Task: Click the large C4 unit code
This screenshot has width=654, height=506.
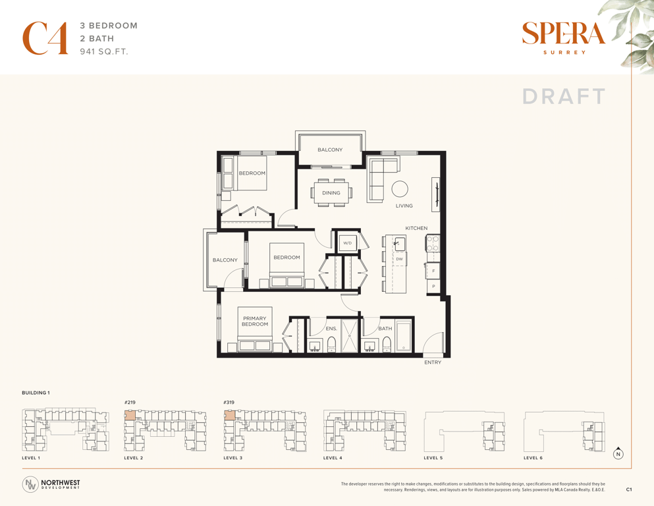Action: (x=45, y=38)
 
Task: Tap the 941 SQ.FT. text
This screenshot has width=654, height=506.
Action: (x=104, y=52)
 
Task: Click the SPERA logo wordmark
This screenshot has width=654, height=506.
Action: (x=564, y=34)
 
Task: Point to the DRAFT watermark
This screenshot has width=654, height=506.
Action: (x=564, y=96)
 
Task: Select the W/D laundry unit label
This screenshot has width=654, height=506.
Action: (x=348, y=242)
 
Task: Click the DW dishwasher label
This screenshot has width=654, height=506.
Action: (x=400, y=259)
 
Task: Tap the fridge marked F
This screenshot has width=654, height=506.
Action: (x=433, y=271)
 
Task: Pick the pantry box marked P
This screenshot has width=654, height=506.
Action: (x=433, y=287)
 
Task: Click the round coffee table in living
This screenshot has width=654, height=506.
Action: (x=400, y=189)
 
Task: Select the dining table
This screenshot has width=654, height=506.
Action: (x=331, y=193)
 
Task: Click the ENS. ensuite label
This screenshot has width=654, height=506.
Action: (x=331, y=329)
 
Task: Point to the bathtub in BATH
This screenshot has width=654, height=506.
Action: (x=403, y=336)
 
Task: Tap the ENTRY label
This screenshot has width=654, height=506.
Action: (x=433, y=362)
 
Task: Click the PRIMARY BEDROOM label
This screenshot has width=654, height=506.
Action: (x=255, y=322)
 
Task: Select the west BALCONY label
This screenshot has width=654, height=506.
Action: (x=225, y=260)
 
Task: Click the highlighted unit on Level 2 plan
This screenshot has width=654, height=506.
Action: (x=130, y=415)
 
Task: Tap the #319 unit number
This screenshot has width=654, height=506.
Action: (x=229, y=403)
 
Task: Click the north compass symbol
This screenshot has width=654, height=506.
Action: (x=618, y=454)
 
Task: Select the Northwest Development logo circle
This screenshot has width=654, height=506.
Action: (x=30, y=484)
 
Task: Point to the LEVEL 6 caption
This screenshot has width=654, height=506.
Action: (x=533, y=458)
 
